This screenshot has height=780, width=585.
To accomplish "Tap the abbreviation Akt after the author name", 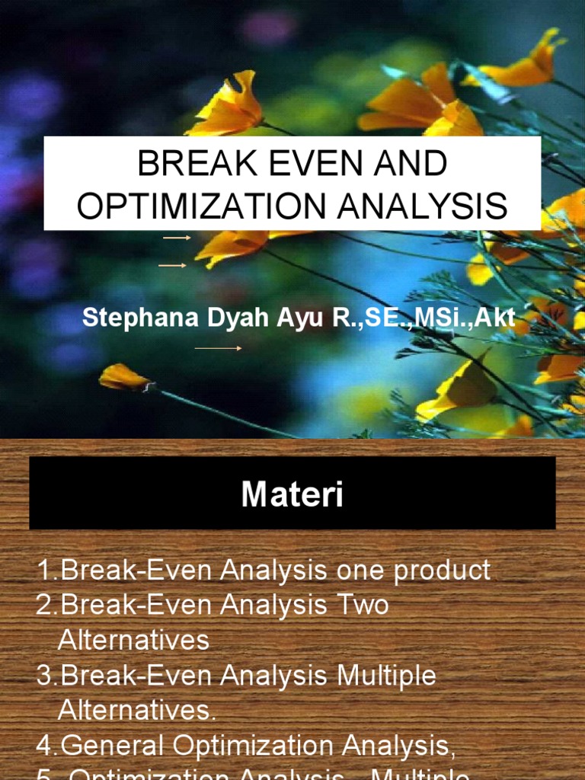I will click(x=495, y=318).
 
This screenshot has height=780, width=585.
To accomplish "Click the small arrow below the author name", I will click(x=218, y=348).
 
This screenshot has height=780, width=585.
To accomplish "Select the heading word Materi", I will click(x=292, y=494).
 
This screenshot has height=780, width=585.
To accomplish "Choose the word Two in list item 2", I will click(x=363, y=605).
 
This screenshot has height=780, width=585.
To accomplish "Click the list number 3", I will click(x=43, y=675).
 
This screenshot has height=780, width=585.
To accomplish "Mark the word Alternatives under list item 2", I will click(x=133, y=640).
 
